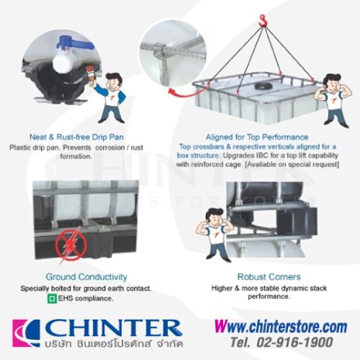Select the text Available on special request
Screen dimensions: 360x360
292,163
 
